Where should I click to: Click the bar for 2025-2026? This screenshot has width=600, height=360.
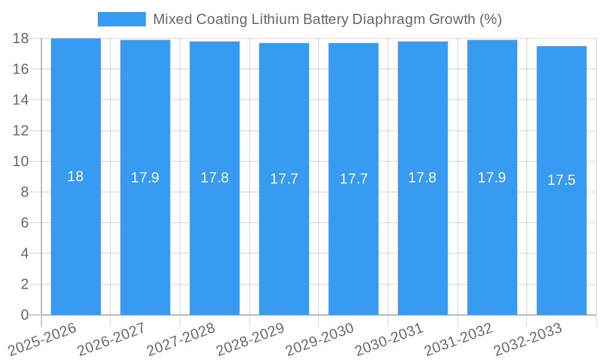76,240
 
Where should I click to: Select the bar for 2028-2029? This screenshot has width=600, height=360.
284,240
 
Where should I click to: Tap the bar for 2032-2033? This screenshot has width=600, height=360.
562,240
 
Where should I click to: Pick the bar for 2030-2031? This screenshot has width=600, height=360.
422,240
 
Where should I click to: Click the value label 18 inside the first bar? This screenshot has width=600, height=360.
76,177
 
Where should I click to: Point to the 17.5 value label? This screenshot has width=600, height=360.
562,180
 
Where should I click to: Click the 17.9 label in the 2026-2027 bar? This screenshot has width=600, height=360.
145,178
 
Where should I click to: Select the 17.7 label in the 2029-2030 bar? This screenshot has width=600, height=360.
353,179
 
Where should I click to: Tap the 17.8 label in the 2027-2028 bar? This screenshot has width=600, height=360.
214,178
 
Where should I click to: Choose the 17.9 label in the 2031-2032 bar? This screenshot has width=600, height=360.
492,178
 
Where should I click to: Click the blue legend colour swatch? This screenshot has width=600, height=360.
122,19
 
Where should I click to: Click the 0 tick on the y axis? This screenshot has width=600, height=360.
25,315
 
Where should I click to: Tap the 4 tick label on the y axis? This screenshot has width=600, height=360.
25,253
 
